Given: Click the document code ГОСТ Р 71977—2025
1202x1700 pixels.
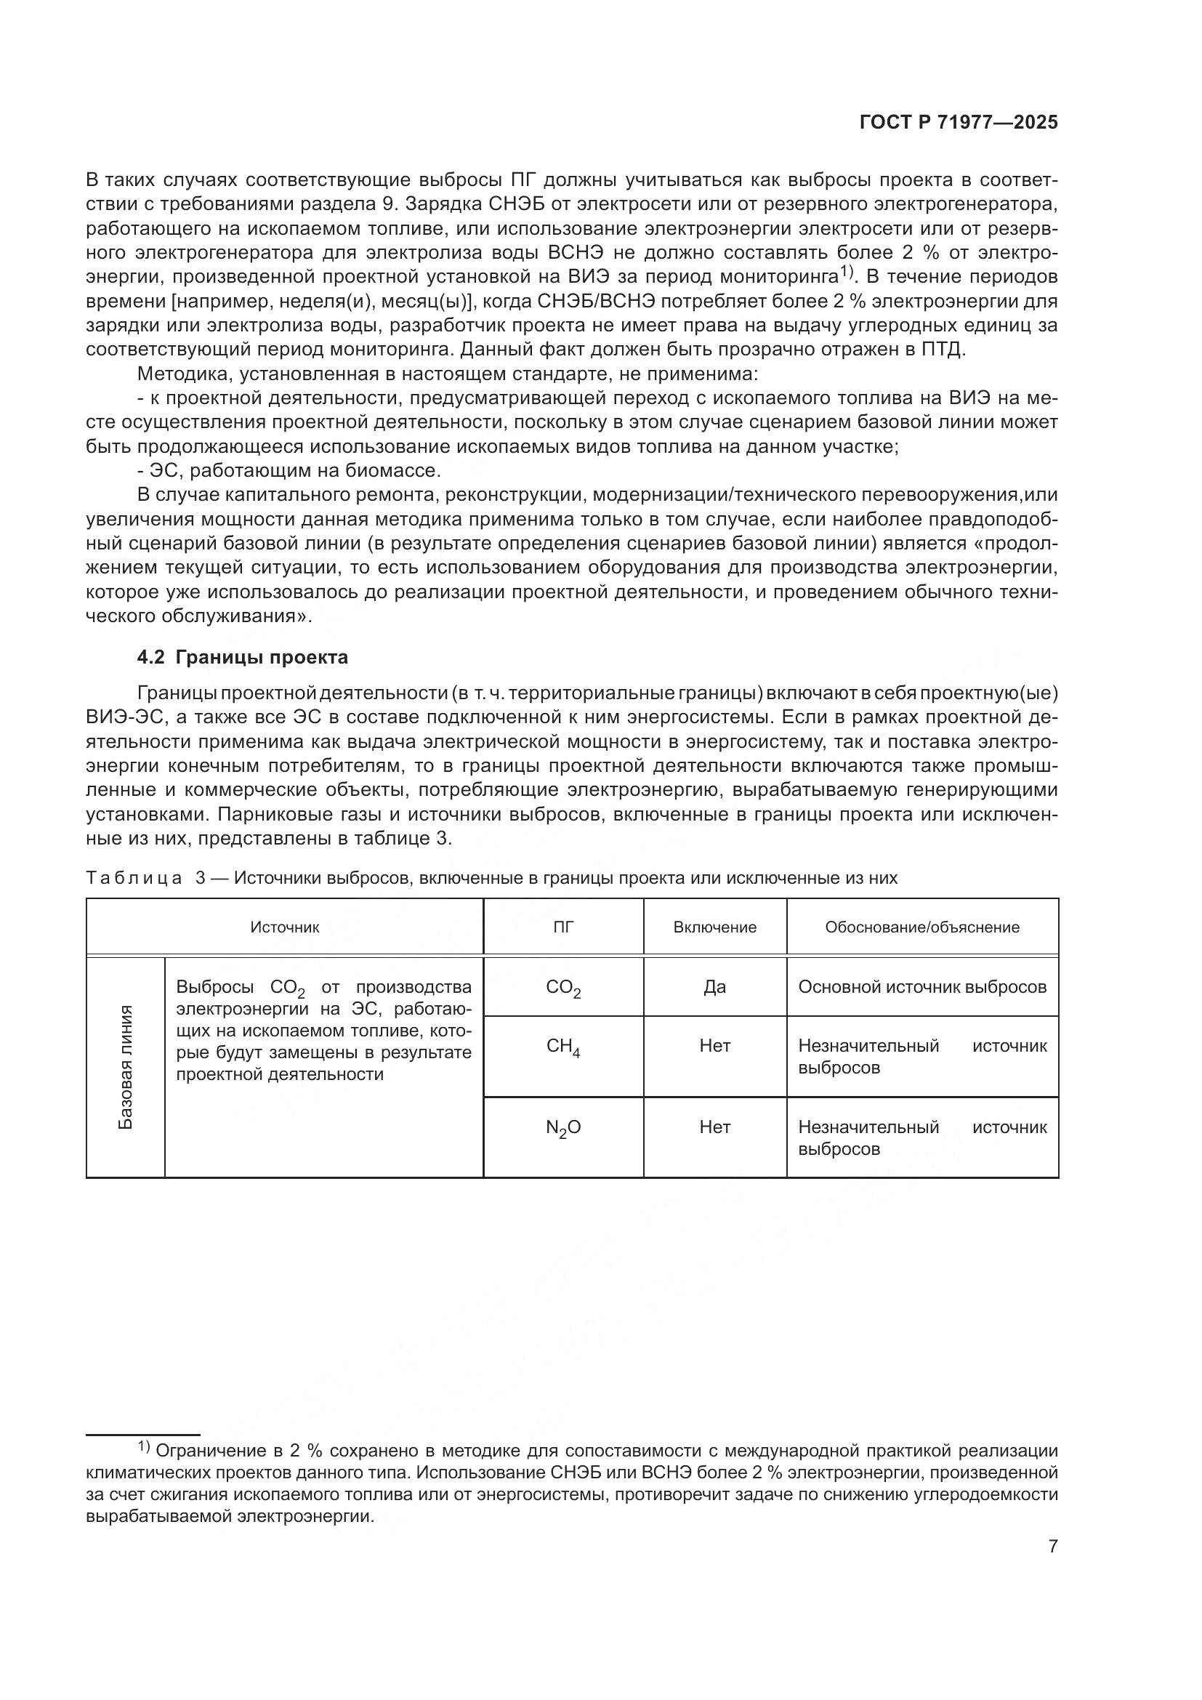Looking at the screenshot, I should [x=959, y=123].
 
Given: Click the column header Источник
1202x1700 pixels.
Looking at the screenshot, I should [x=284, y=927].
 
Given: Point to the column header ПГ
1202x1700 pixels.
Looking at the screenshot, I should [x=563, y=927].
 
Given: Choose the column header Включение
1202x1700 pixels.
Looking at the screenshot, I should [x=714, y=927].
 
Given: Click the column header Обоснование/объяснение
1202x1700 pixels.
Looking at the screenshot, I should [x=921, y=927].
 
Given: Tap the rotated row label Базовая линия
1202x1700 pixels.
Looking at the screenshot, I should [x=126, y=1067].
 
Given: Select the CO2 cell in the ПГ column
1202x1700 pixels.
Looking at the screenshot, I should [x=563, y=988].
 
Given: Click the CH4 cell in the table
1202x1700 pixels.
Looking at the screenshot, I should [x=563, y=1047].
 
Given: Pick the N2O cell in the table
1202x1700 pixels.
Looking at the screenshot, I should [x=563, y=1128].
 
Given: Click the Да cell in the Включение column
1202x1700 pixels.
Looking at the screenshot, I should [x=714, y=987].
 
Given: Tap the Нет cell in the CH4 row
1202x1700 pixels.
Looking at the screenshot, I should [x=714, y=1046].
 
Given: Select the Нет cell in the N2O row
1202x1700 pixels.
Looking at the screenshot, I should [x=714, y=1127].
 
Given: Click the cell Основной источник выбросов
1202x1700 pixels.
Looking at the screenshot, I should [x=921, y=987].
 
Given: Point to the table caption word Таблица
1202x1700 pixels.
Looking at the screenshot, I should [x=134, y=878].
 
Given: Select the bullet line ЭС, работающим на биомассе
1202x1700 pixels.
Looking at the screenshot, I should [x=289, y=471].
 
